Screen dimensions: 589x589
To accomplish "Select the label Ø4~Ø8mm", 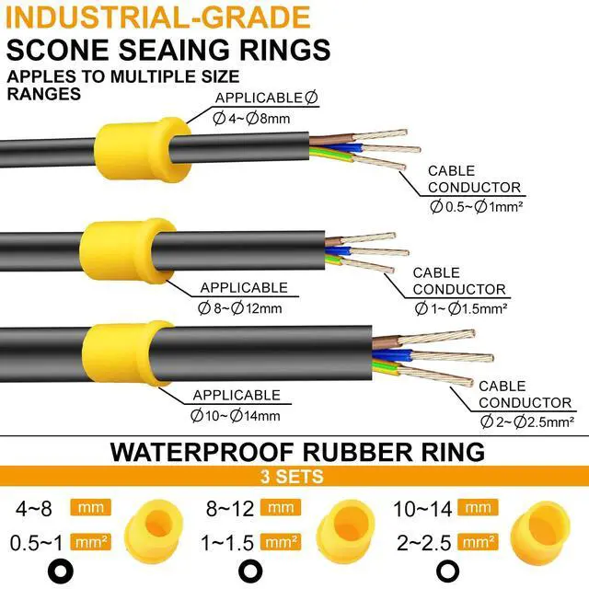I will [x=251, y=117].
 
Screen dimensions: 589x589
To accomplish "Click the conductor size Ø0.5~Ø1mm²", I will [x=475, y=207].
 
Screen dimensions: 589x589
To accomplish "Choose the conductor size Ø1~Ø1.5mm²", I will [x=457, y=308].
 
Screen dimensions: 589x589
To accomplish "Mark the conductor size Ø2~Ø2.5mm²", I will [x=527, y=422].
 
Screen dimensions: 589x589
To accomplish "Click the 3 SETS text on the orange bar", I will [x=294, y=476].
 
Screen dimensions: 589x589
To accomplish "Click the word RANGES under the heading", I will [x=43, y=93].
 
